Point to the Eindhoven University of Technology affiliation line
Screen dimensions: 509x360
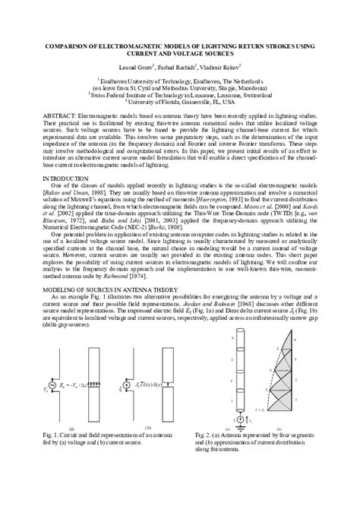(180, 80)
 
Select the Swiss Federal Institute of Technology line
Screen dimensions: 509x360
(180, 93)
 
